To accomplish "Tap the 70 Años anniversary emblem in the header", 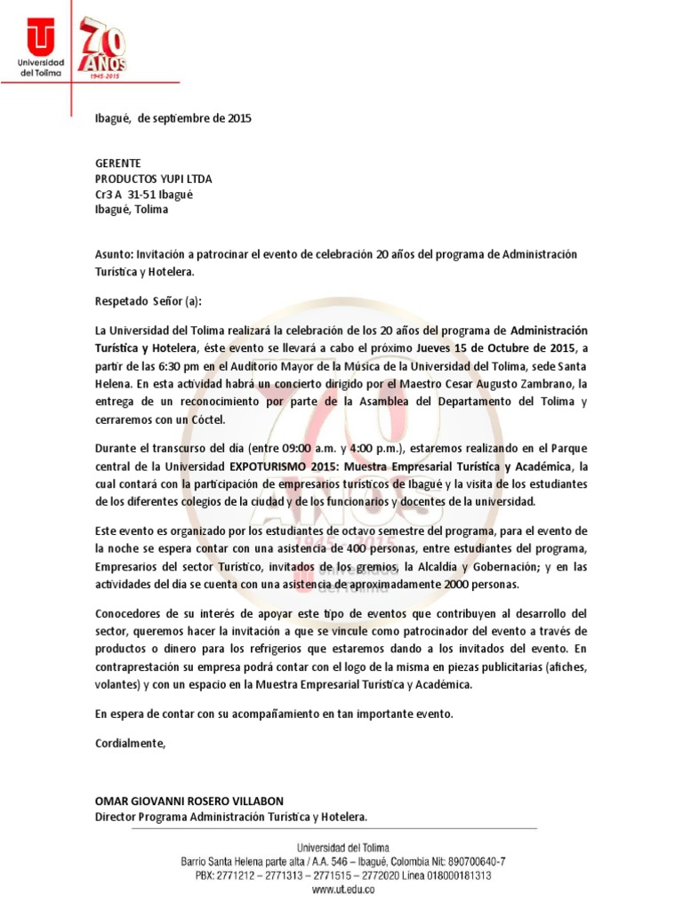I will (103, 49).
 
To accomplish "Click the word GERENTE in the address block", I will (118, 164).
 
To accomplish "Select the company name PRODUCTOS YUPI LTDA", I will (154, 180).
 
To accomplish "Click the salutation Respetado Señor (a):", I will (149, 301).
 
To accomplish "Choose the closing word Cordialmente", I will (131, 743).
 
